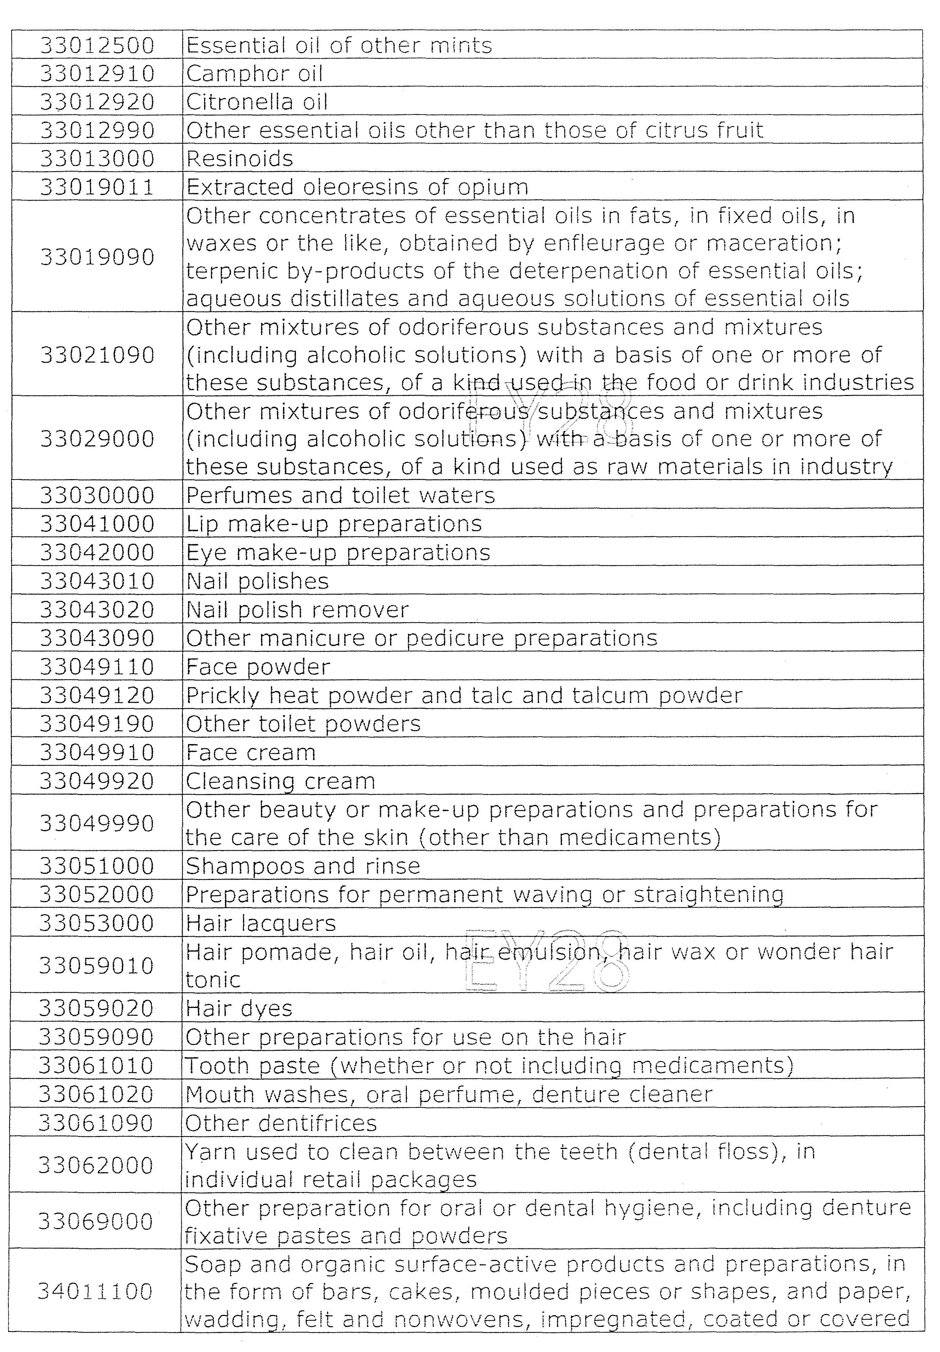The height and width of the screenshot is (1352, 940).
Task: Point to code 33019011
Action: pos(97,187)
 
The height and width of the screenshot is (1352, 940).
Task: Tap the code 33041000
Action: pos(97,523)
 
